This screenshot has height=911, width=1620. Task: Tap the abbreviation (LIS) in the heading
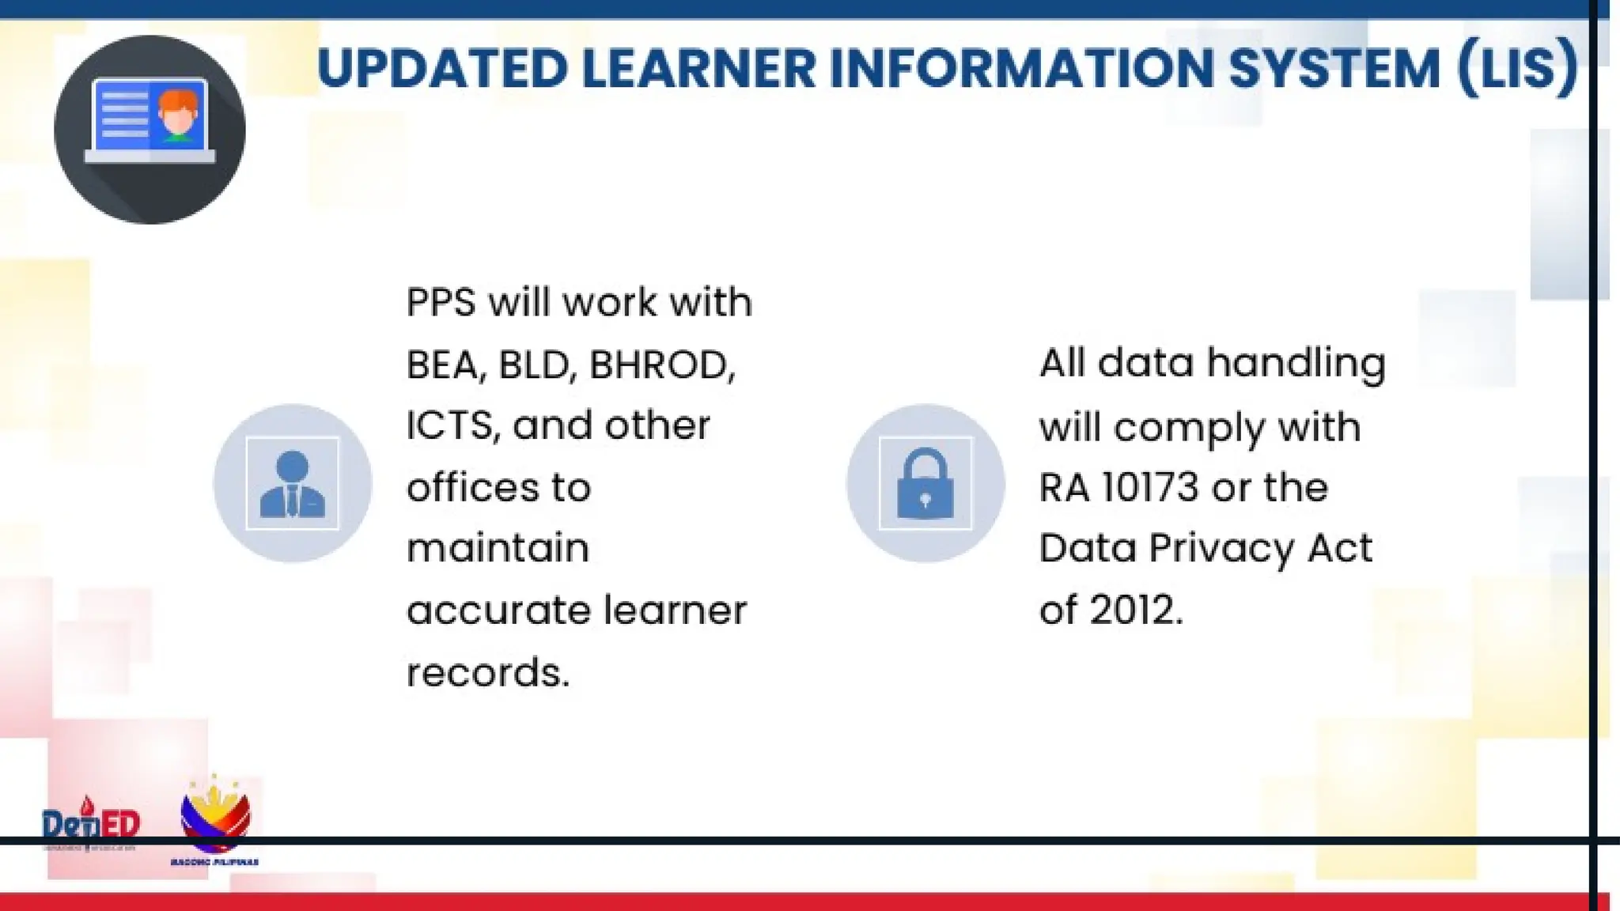pos(1517,68)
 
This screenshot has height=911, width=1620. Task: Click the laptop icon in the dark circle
pos(150,121)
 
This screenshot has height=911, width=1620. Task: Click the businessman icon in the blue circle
pos(292,483)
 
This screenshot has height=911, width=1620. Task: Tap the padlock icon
pos(925,483)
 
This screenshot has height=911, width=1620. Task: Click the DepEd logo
pos(90,824)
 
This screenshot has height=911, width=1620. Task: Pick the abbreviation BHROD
pos(662,365)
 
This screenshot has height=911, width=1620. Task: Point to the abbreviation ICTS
pos(452,426)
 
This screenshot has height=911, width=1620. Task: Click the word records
pos(487,673)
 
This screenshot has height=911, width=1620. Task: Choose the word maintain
pos(498,549)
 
